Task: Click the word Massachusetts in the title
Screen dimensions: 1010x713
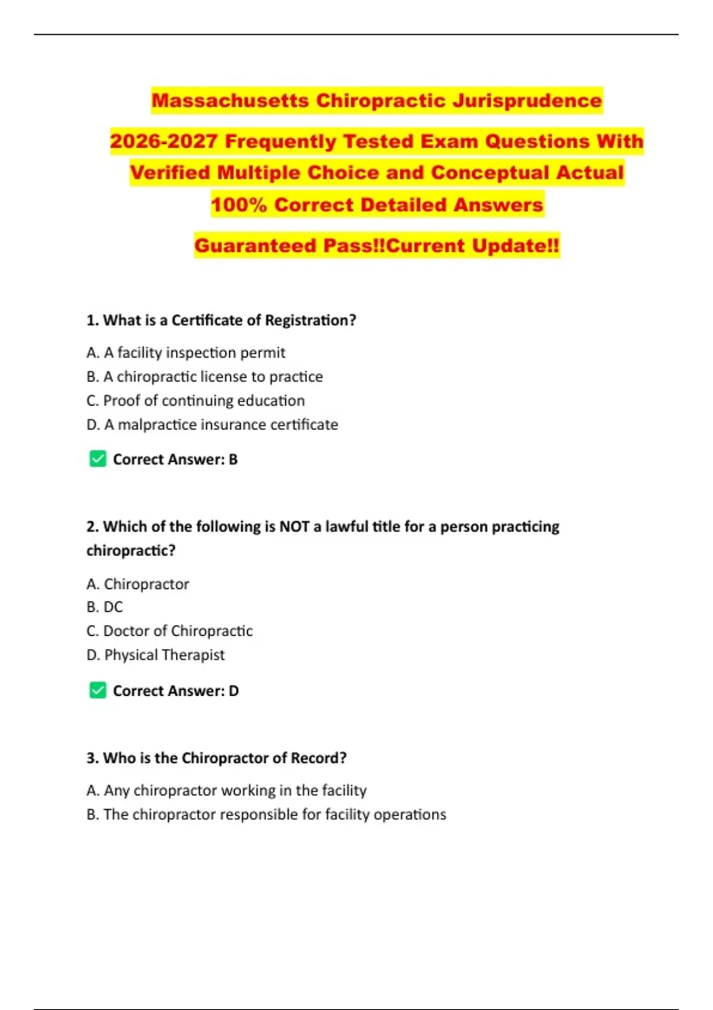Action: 231,100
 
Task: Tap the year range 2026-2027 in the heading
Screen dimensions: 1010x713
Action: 164,141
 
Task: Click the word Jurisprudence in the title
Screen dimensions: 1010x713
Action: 527,100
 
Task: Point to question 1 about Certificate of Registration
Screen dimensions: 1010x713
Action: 221,320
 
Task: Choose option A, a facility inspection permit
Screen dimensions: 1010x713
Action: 185,353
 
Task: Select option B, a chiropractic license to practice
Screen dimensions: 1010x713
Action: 204,377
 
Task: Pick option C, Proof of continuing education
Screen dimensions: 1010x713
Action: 195,401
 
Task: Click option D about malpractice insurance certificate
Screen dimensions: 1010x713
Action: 212,425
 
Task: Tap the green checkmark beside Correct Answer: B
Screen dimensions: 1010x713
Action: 97,459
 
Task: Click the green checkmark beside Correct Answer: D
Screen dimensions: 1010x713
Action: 97,690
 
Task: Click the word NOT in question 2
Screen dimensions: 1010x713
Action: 294,527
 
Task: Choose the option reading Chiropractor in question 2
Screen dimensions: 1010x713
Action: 138,584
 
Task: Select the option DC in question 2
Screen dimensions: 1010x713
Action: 105,607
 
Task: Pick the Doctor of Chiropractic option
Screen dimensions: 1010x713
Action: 169,631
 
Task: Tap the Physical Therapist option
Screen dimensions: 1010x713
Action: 156,655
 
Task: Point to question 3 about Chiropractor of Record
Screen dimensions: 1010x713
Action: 216,758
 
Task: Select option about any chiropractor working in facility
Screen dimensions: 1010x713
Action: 226,791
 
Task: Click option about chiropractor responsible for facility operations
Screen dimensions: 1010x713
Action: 266,815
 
